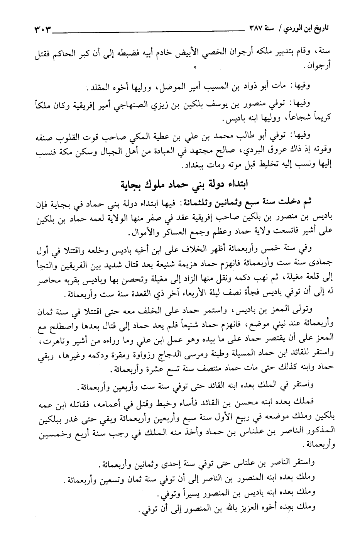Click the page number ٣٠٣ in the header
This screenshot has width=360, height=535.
(40, 28)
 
